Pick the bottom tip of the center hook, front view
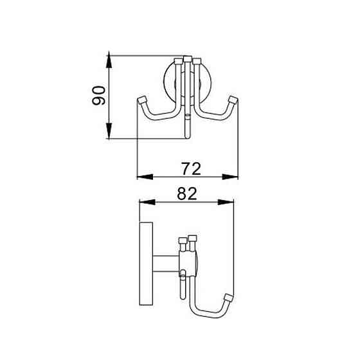(x=187, y=135)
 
